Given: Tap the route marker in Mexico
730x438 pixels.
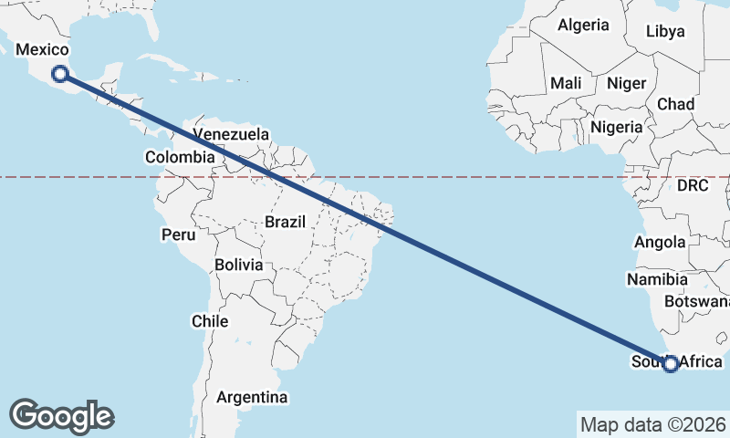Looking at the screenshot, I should (x=60, y=74).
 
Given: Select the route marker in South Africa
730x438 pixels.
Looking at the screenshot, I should (x=671, y=364).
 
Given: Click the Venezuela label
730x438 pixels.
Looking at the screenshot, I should (x=233, y=134).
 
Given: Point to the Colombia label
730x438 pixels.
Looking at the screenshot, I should (x=180, y=157).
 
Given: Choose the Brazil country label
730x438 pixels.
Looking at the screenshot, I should (x=288, y=221).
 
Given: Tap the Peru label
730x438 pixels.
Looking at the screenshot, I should (x=179, y=235).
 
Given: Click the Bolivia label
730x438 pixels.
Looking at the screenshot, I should (x=239, y=265).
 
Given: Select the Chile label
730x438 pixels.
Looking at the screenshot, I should (x=210, y=321).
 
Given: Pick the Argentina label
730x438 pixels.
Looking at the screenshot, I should (x=252, y=397).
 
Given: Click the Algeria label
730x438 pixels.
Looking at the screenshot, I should (x=583, y=25).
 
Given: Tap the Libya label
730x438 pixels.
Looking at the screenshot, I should (x=665, y=31).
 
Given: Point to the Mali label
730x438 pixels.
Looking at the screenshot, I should (x=566, y=83).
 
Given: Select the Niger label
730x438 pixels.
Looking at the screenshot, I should (x=627, y=83).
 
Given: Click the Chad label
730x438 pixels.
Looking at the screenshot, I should (x=675, y=104).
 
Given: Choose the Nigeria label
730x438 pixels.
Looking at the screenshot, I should (x=617, y=127).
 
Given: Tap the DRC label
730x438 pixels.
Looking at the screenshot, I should (x=693, y=185).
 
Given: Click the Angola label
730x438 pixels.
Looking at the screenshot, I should (x=660, y=242).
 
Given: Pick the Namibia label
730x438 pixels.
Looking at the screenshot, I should (x=657, y=277).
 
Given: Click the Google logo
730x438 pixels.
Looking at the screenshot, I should (x=63, y=416).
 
